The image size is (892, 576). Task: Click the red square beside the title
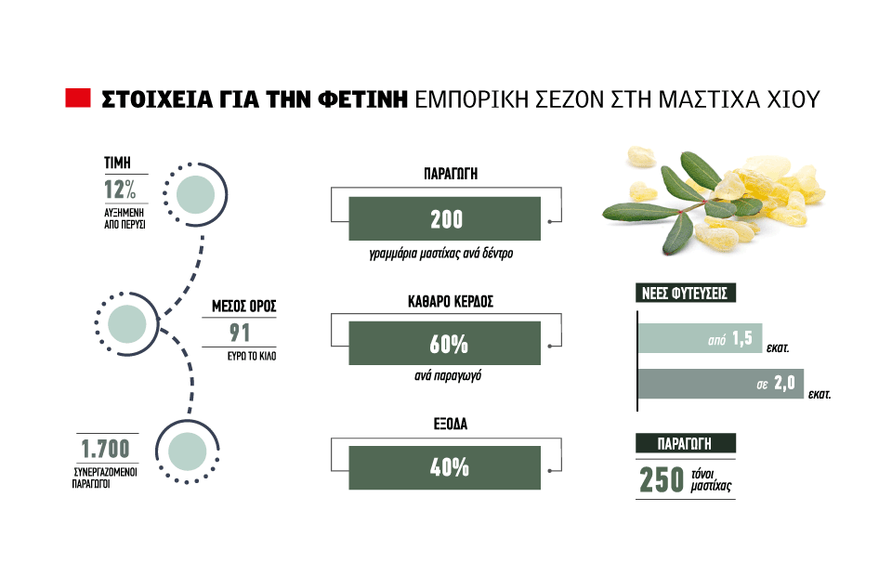click(x=77, y=98)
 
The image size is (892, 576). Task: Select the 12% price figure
click(x=121, y=190)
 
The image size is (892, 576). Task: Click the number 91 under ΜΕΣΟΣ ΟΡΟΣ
click(x=240, y=334)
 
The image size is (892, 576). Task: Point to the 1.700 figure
click(x=106, y=450)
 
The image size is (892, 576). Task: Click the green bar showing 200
click(x=444, y=219)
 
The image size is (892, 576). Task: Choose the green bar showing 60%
click(x=444, y=343)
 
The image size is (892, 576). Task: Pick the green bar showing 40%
click(x=444, y=467)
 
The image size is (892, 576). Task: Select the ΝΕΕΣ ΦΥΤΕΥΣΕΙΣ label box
click(x=687, y=294)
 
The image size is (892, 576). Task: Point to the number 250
click(x=661, y=479)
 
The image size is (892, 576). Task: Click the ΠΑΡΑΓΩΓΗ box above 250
click(x=686, y=443)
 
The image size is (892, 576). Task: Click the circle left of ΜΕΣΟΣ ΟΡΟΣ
click(x=127, y=324)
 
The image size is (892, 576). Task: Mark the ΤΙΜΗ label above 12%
click(x=116, y=164)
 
